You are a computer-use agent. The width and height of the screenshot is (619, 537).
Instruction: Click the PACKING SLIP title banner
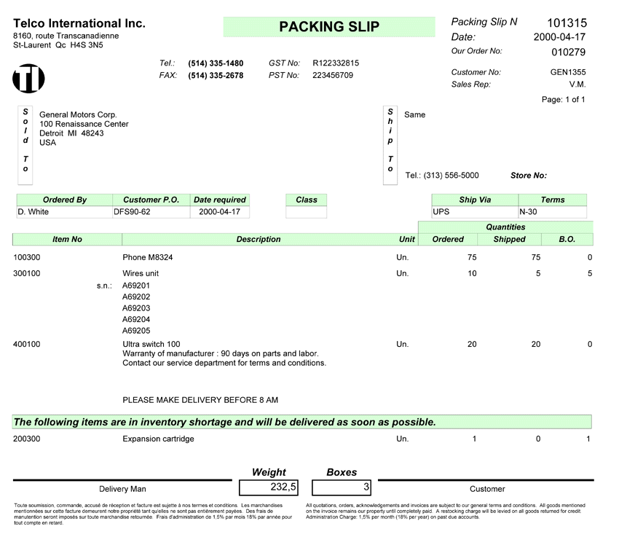coord(329,27)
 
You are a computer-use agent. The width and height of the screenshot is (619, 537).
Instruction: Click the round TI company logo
coord(28,78)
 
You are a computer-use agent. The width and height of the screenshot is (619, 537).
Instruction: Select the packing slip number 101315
coord(567,23)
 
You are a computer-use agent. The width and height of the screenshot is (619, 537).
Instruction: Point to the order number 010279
coord(568,52)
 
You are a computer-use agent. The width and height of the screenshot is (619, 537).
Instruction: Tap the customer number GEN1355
coord(568,72)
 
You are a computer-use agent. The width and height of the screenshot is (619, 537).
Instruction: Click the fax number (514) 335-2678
coord(216,75)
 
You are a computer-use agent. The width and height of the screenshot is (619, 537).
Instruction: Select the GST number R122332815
coord(336,63)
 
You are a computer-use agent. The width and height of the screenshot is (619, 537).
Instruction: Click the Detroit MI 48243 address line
coord(71,133)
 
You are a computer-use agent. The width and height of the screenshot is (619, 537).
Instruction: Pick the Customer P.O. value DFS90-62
coord(132,212)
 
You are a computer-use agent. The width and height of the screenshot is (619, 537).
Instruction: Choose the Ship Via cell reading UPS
coord(441,212)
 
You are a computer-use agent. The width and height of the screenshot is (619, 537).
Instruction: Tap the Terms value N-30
coord(529,212)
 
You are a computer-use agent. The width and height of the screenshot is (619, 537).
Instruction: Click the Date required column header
coord(219,200)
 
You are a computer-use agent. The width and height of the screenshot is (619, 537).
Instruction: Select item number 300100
coord(27,273)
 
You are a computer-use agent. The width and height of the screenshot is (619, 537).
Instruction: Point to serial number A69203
coord(136,308)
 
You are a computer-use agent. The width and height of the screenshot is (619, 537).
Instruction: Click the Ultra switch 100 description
coord(151,344)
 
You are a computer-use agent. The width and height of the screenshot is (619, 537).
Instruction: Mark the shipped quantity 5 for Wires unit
coord(537,273)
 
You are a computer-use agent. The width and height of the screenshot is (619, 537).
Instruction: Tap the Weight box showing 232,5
coord(269,487)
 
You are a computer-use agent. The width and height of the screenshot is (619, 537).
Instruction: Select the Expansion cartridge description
coord(158,439)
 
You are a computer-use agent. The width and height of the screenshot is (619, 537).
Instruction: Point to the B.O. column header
coord(567,239)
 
